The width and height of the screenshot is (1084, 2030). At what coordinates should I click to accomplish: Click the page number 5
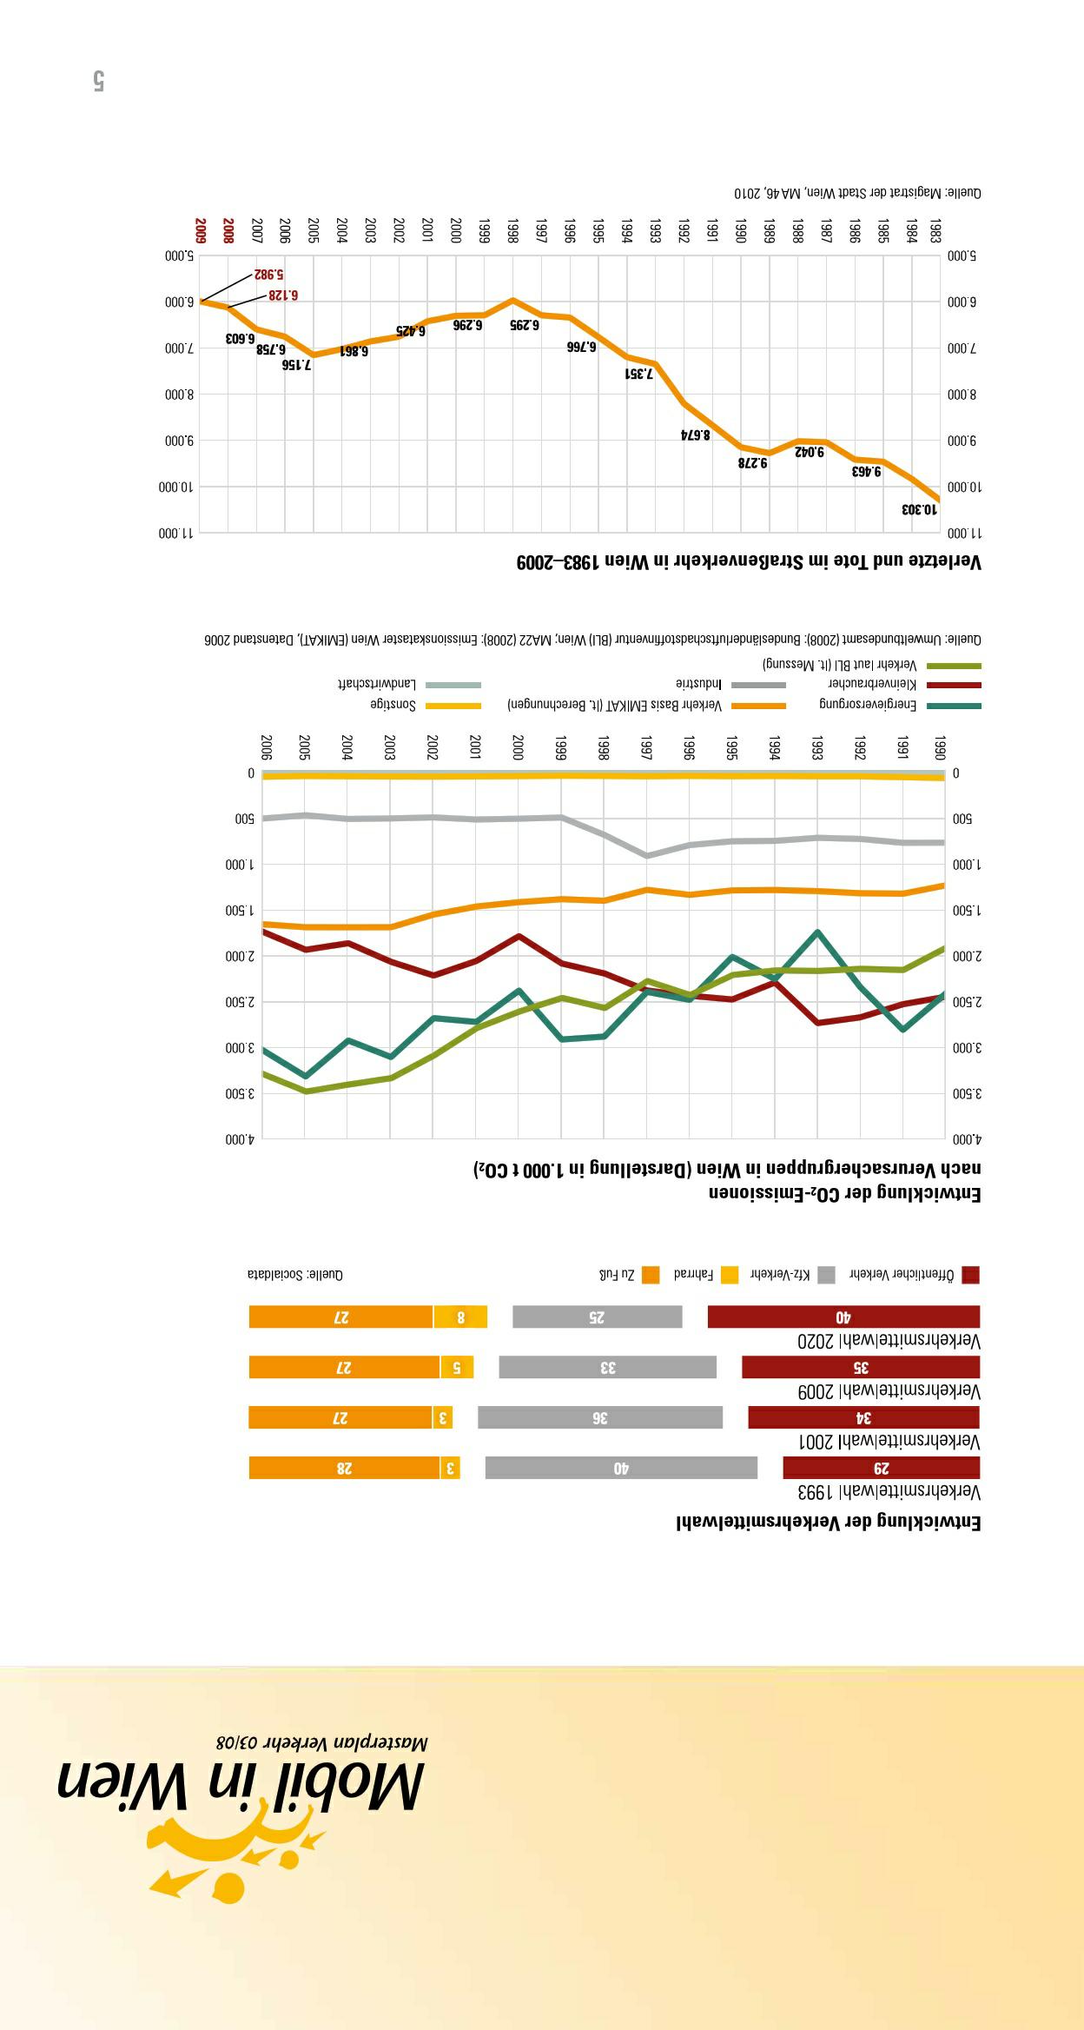98,82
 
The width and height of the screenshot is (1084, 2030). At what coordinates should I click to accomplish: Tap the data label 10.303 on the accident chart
920,508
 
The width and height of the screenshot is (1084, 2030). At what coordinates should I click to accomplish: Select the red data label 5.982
269,274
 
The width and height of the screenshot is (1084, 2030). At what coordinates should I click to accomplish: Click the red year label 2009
201,231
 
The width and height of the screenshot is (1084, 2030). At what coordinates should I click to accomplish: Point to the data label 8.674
695,434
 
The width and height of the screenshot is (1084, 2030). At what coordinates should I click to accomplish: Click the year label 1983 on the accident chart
935,231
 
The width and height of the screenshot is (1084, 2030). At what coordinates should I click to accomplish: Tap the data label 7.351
638,374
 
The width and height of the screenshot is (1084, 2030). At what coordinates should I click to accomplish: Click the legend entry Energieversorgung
868,704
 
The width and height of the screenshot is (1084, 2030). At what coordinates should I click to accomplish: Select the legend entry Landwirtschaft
377,684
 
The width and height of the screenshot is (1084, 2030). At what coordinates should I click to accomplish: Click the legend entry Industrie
699,684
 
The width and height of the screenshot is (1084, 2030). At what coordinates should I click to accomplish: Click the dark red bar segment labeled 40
843,1317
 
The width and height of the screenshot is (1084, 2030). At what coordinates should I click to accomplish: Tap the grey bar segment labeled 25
597,1317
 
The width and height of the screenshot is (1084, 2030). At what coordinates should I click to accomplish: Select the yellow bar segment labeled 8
460,1317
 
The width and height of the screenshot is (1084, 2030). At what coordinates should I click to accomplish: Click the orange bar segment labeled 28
344,1468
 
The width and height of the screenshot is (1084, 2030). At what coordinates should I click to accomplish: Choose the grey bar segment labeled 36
599,1417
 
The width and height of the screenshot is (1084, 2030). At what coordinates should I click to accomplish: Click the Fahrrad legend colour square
730,1275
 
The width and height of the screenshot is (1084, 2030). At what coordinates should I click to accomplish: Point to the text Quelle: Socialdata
295,1274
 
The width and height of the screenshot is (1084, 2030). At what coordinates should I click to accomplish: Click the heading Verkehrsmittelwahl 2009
889,1391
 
